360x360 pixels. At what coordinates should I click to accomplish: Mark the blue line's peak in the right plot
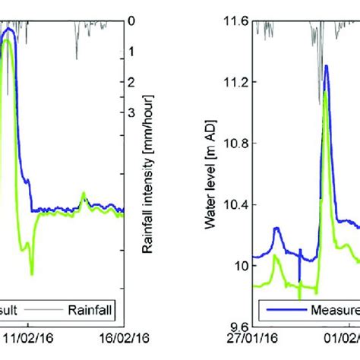click(x=326, y=66)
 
